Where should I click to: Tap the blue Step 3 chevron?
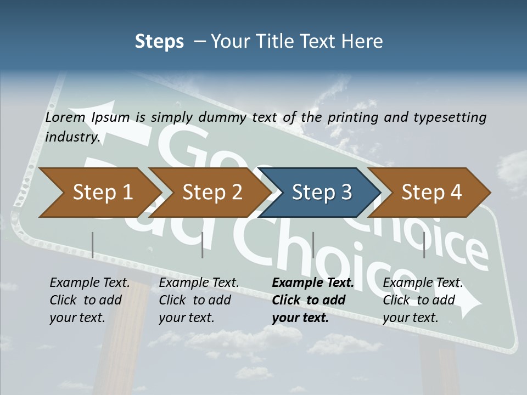[x=322, y=193]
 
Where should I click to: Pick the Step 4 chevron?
[x=431, y=193]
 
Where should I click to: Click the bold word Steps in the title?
[x=159, y=41]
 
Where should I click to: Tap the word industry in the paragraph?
[x=72, y=137]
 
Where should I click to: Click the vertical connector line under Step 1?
[x=93, y=245]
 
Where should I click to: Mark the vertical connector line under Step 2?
[x=203, y=245]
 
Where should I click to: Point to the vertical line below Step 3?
[x=313, y=245]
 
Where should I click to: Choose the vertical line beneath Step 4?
[x=424, y=245]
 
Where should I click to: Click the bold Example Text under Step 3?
[x=313, y=283]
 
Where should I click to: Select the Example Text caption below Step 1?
[x=89, y=283]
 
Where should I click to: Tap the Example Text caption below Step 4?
[x=423, y=283]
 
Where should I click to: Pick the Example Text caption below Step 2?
[x=199, y=283]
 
